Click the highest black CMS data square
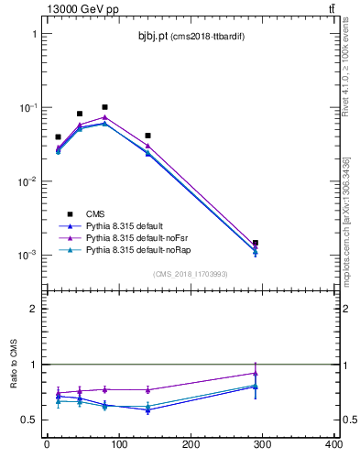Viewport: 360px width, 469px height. pyautogui.click(x=104, y=107)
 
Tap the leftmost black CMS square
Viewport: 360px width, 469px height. pyautogui.click(x=58, y=137)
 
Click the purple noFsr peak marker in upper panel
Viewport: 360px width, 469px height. pyautogui.click(x=104, y=117)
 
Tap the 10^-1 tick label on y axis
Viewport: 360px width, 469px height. pyautogui.click(x=27, y=108)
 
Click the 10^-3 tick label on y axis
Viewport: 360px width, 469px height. pyautogui.click(x=27, y=256)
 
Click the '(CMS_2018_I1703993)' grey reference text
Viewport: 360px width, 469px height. pyautogui.click(x=191, y=273)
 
